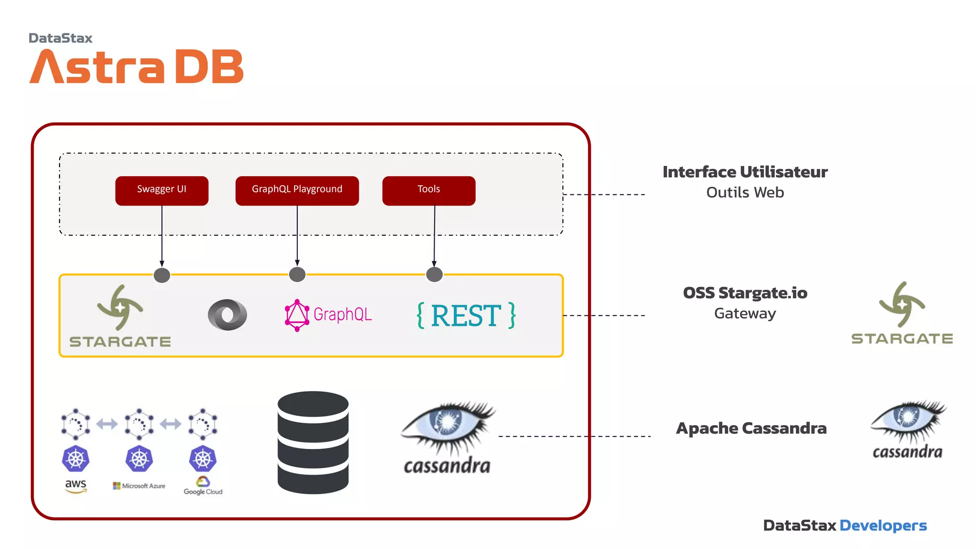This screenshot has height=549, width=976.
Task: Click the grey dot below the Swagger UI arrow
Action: point(162,275)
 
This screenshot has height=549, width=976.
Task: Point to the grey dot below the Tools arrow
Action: point(434,275)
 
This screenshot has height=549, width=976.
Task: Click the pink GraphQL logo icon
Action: point(297,315)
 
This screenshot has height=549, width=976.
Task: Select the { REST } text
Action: point(466,315)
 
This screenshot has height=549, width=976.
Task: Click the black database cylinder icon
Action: point(313,442)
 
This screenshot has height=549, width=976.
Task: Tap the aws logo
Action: point(76,486)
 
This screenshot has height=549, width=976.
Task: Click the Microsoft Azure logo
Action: point(139,486)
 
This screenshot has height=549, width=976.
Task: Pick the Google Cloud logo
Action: point(203,486)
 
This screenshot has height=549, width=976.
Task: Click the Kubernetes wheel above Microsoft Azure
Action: point(139,458)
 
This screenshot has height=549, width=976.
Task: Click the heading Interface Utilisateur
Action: point(745,172)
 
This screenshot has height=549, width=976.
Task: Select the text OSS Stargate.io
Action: point(745,293)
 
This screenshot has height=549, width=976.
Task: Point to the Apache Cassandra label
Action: point(751,428)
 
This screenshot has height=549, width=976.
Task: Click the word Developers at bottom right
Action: point(883,525)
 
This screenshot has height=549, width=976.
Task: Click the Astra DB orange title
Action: point(137,67)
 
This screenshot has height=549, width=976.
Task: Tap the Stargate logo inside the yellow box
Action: point(120,315)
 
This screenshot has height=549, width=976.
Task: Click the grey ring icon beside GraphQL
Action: point(227,315)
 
